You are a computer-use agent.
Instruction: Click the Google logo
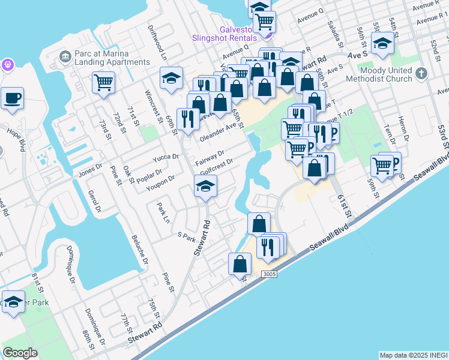pyautogui.click(x=20, y=353)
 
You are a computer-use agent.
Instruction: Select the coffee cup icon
pyautogui.click(x=12, y=98)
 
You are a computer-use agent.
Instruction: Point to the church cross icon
pyautogui.click(x=421, y=74)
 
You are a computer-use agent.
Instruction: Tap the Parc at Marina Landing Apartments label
pyautogui.click(x=112, y=57)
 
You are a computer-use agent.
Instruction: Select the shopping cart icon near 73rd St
pyautogui.click(x=103, y=82)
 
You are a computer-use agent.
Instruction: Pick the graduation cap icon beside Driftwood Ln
pyautogui.click(x=171, y=78)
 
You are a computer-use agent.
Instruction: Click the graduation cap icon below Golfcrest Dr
pyautogui.click(x=205, y=188)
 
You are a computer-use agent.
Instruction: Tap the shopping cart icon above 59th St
pyautogui.click(x=382, y=165)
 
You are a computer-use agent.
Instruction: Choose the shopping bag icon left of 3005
pyautogui.click(x=240, y=263)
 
